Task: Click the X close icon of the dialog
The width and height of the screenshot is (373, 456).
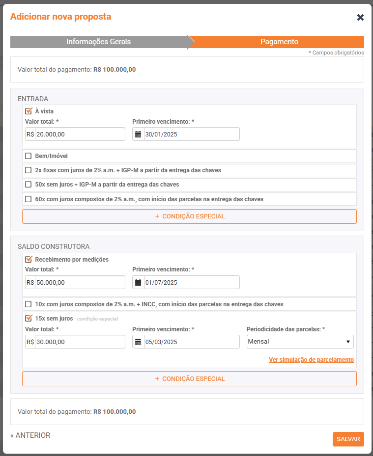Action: coord(360,18)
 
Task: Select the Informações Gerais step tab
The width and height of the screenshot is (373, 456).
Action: coord(98,42)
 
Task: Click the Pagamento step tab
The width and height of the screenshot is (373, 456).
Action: coord(279,42)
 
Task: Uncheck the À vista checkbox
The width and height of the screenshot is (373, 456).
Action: coord(29,111)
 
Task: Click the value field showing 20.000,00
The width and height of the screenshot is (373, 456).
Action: coord(80,134)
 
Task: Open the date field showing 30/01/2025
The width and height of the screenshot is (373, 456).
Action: coord(191,134)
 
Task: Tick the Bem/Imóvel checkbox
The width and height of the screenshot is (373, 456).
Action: coord(29,156)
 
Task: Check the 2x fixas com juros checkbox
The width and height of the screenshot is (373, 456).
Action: coord(29,170)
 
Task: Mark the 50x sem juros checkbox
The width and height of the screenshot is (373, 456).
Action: coord(29,185)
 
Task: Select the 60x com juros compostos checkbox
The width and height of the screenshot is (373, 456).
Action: coord(29,199)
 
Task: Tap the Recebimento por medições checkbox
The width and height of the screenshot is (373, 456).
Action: coord(29,259)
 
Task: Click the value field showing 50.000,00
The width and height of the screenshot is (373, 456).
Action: coord(80,282)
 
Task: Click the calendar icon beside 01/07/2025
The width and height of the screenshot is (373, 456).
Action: coord(138,282)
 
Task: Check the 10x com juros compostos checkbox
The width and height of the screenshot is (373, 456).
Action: coord(29,304)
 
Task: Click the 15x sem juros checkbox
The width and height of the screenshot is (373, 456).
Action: coord(29,318)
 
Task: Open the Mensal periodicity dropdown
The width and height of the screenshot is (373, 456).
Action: coord(300,342)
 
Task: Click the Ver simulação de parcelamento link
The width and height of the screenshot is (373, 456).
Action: coord(311,360)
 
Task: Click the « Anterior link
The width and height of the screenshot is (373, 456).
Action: coord(30,435)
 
